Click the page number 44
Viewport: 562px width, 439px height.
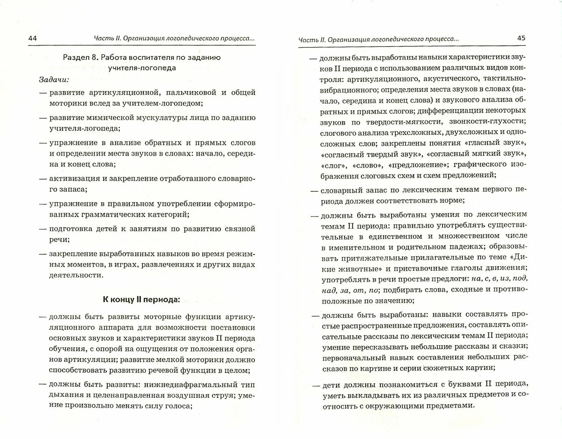pos(33,39)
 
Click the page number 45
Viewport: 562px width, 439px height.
pos(521,38)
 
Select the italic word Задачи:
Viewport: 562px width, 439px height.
pos(54,79)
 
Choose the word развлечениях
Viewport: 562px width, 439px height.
pos(169,265)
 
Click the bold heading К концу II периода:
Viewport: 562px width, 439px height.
pos(141,300)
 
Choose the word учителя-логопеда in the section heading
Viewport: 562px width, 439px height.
pos(142,68)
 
